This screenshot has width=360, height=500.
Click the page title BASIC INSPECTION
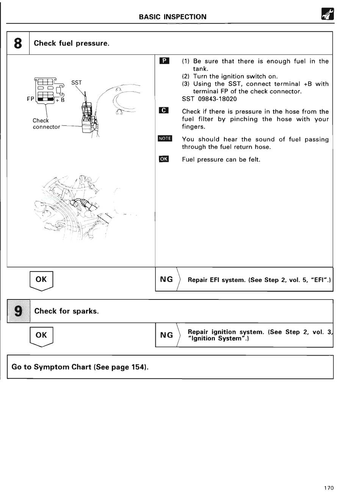(172, 17)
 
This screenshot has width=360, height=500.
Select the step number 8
(18, 43)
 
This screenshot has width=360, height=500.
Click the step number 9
(18, 311)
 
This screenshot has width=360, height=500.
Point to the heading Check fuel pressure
(72, 43)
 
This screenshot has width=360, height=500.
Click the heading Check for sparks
(66, 311)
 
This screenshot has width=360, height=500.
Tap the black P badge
(164, 61)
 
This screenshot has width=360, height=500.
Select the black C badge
(164, 111)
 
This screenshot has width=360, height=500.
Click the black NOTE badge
(165, 138)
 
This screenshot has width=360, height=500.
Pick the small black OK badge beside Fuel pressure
(164, 159)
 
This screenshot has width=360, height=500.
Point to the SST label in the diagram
(76, 83)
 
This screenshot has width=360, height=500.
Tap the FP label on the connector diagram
(30, 99)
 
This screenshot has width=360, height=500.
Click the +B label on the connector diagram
(60, 100)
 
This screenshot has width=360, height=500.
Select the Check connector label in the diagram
(46, 124)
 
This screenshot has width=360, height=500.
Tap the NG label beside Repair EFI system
(166, 279)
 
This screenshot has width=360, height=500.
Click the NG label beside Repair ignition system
(166, 335)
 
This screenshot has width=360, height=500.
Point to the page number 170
(329, 488)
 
